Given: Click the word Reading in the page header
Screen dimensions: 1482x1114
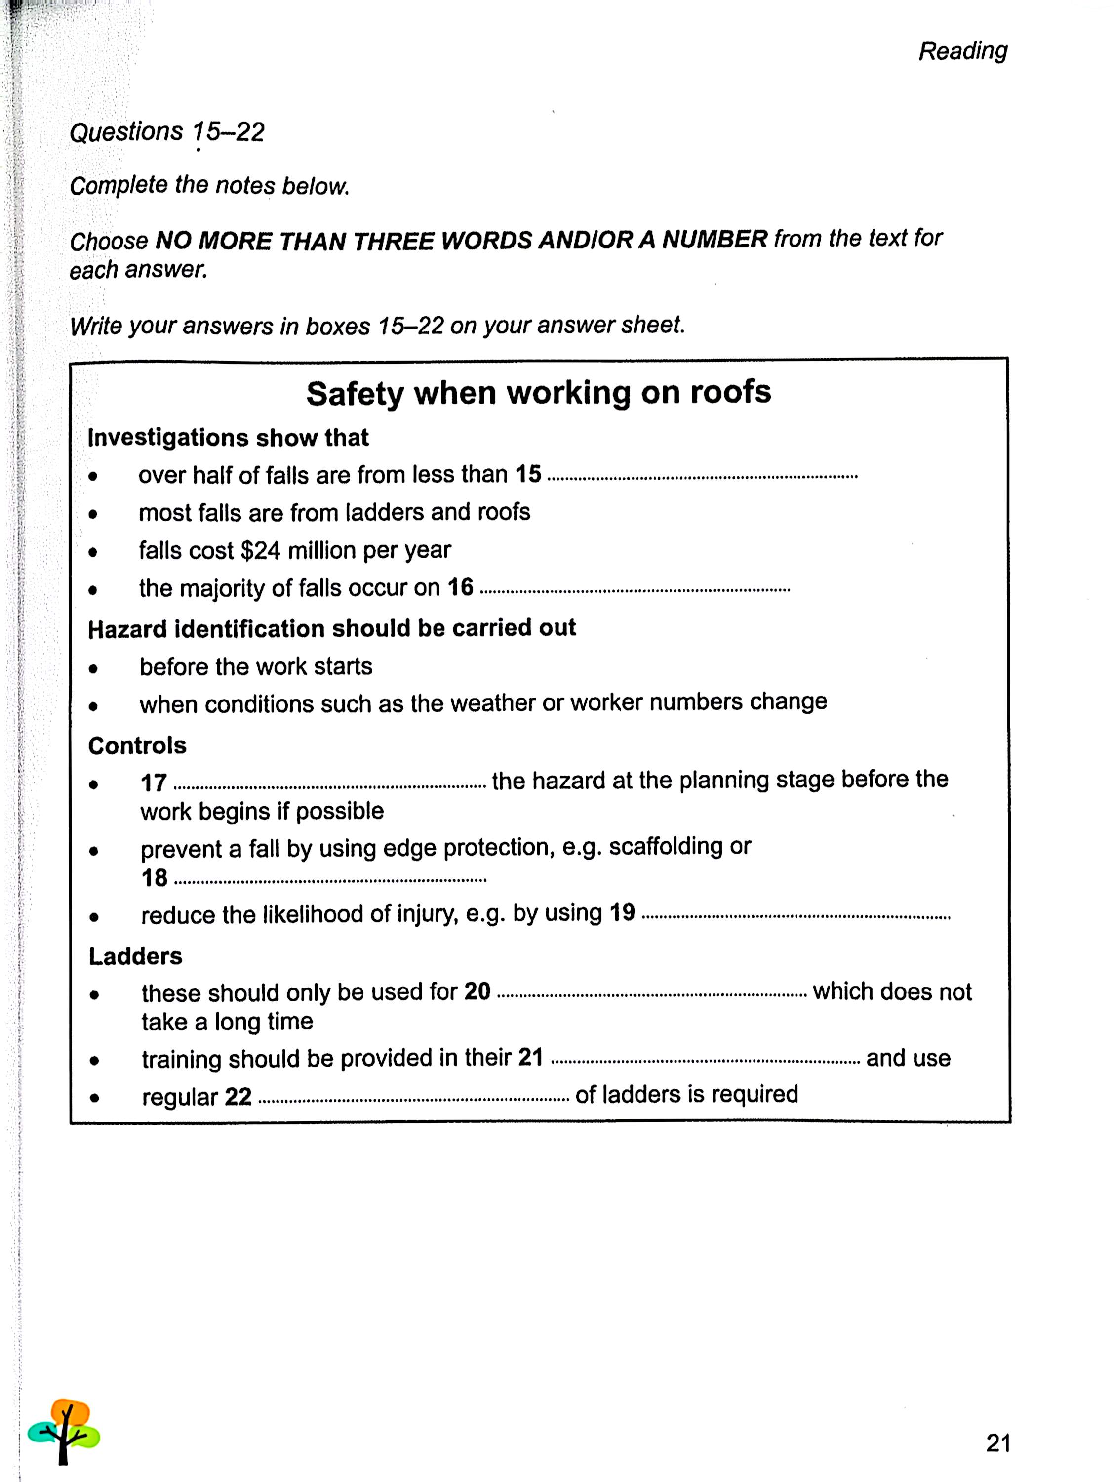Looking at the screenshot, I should click(962, 51).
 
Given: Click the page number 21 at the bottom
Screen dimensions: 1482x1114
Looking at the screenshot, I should click(997, 1442).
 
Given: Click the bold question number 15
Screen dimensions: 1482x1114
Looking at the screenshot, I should click(528, 474).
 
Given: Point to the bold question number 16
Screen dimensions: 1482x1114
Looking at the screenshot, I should click(460, 587).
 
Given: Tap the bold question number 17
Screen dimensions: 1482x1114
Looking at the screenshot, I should click(154, 782).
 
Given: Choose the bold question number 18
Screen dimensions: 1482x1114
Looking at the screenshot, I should click(154, 878).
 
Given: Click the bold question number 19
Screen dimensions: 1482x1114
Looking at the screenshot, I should click(622, 912).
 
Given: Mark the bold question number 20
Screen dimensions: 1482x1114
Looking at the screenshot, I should click(477, 991).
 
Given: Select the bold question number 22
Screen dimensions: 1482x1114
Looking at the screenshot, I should click(238, 1097).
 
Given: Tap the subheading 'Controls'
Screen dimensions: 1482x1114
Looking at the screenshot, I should click(137, 745).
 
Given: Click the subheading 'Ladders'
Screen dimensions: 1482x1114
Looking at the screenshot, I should click(135, 956).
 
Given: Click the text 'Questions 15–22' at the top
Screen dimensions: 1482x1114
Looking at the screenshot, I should click(167, 132).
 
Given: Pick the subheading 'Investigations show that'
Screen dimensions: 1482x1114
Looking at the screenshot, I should click(228, 438).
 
